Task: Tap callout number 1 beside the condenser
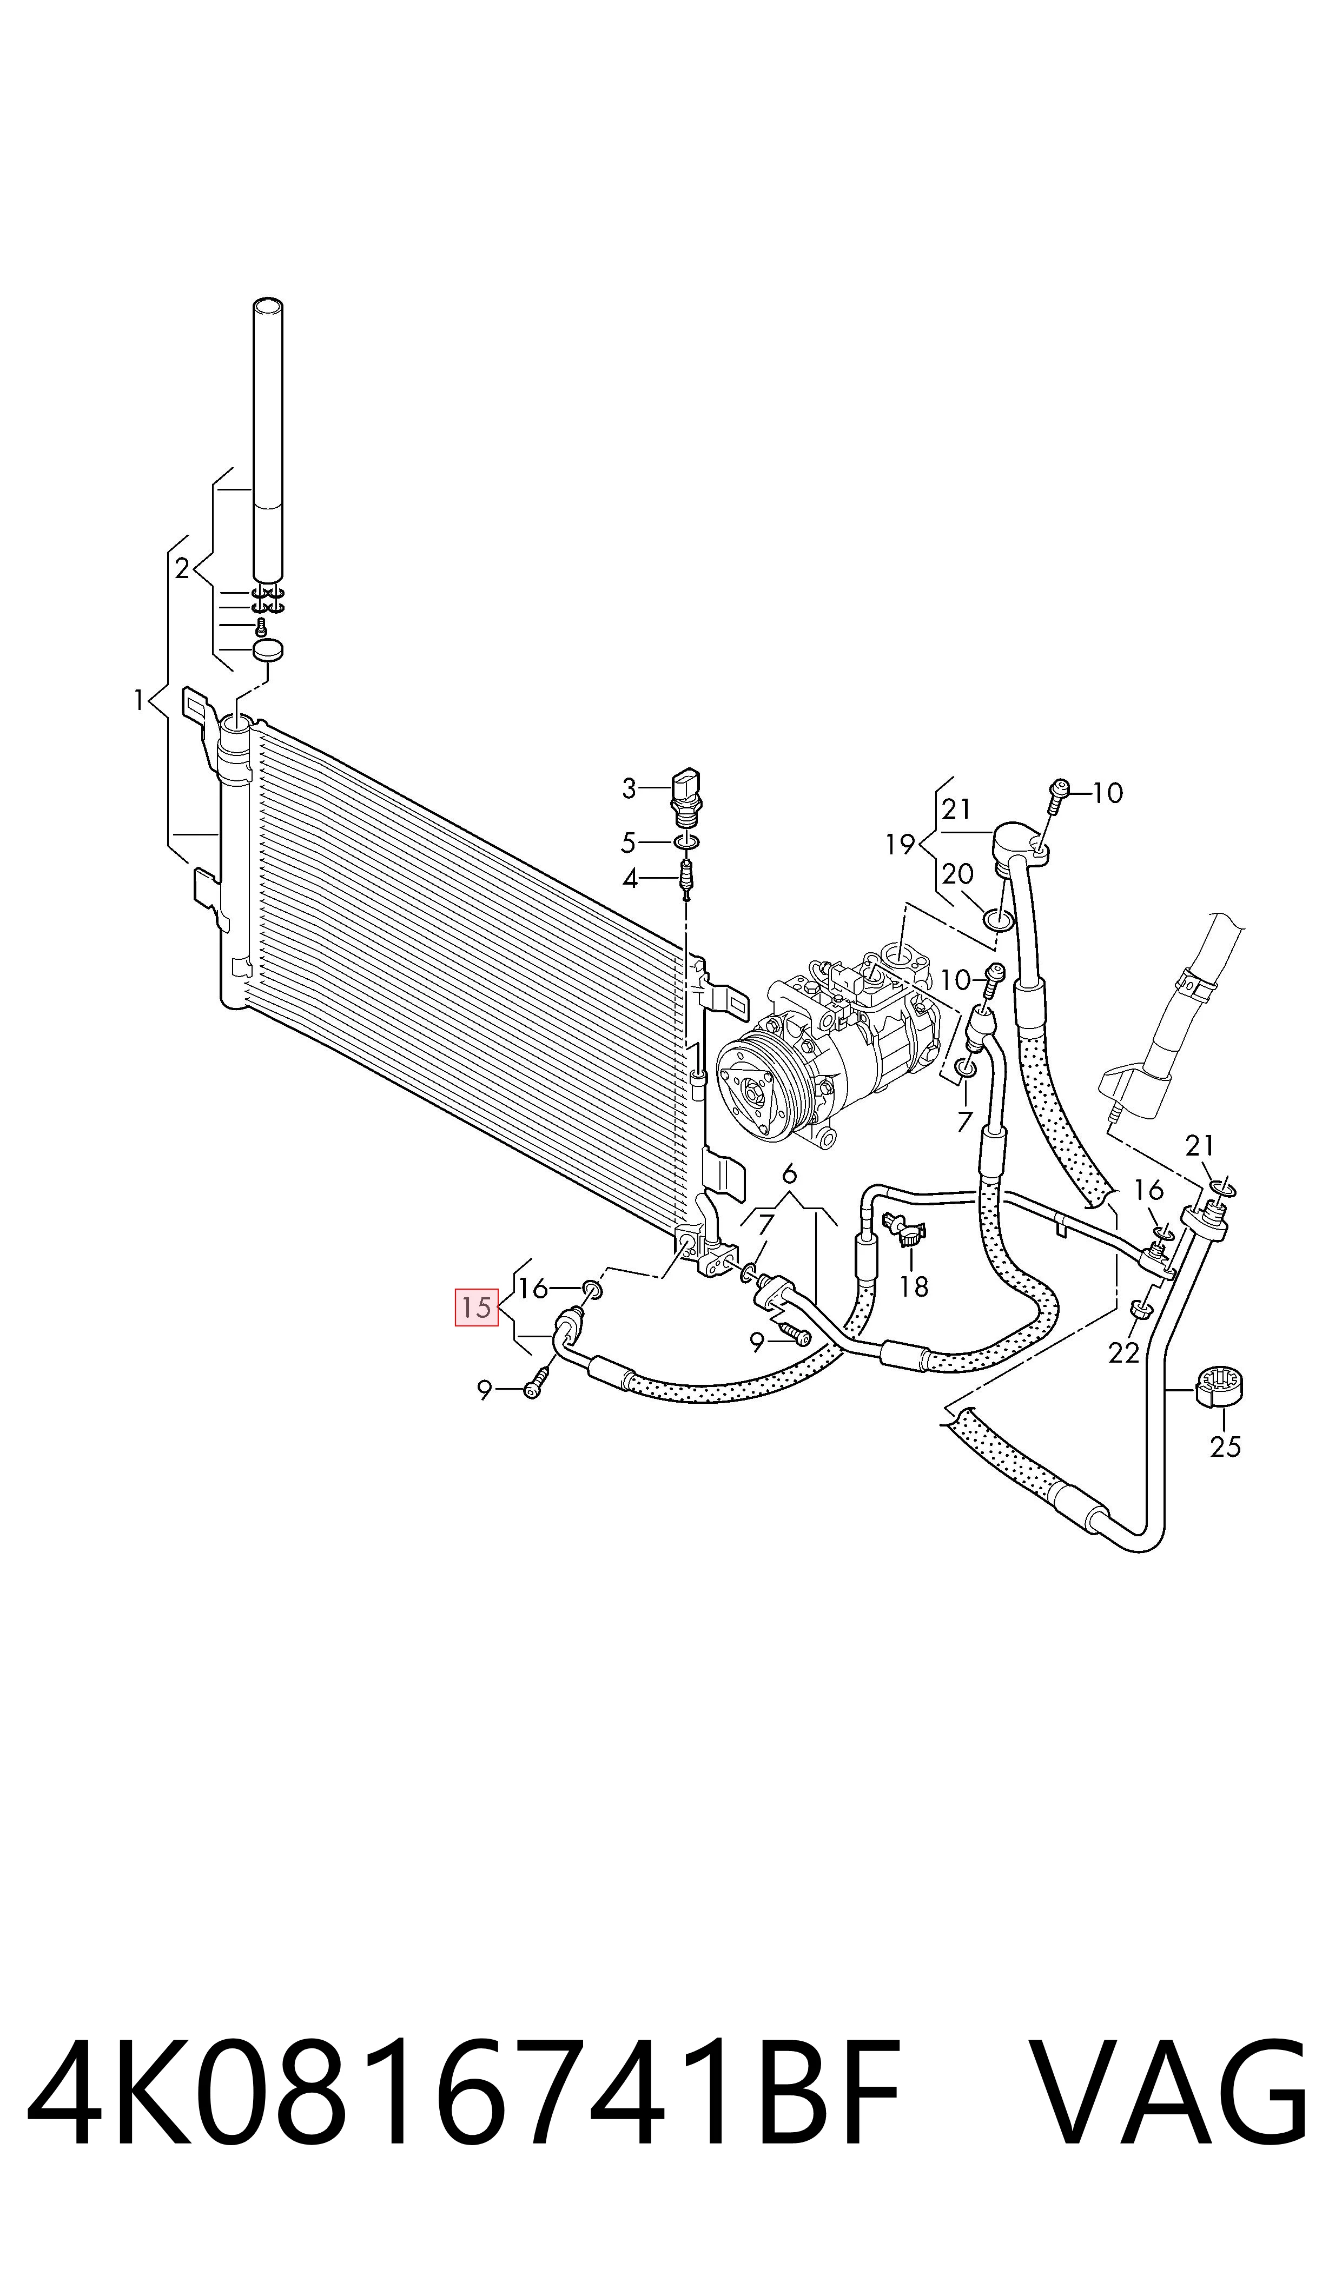pyautogui.click(x=139, y=700)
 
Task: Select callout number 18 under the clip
pyautogui.click(x=914, y=1286)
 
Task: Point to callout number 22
pyautogui.click(x=1124, y=1352)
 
